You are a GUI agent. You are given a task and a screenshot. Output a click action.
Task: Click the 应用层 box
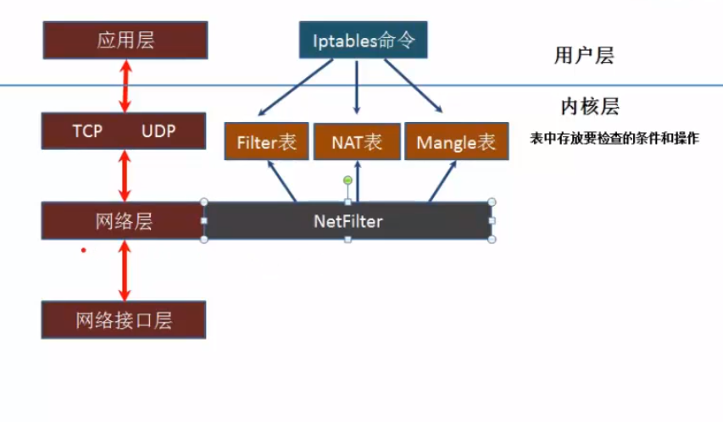click(x=125, y=40)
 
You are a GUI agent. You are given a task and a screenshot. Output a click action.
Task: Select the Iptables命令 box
click(x=363, y=41)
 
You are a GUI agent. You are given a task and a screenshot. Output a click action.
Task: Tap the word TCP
click(x=87, y=131)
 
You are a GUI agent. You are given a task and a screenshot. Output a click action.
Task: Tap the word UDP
click(x=159, y=131)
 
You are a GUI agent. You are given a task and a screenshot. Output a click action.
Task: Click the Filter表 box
click(x=266, y=142)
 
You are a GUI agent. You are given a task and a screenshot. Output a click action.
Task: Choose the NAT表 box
click(x=357, y=142)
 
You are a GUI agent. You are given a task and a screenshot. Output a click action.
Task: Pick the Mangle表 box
click(x=456, y=142)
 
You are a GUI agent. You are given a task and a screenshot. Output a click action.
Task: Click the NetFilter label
click(x=348, y=222)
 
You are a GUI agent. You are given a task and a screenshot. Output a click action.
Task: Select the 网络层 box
click(x=124, y=221)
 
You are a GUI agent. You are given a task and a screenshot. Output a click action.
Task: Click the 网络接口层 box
click(x=124, y=320)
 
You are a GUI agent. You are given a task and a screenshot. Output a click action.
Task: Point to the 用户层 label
click(x=583, y=57)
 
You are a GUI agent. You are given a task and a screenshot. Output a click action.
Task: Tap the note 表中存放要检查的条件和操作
click(x=614, y=138)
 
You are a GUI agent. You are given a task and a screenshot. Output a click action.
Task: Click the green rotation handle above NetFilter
click(x=348, y=180)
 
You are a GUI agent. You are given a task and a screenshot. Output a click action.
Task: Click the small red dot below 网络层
click(x=83, y=250)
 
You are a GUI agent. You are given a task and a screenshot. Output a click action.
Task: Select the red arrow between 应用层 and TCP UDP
click(x=125, y=86)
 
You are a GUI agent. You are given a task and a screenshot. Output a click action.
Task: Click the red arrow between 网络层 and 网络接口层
click(x=125, y=270)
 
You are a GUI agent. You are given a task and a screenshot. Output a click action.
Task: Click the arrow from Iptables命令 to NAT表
click(x=357, y=89)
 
